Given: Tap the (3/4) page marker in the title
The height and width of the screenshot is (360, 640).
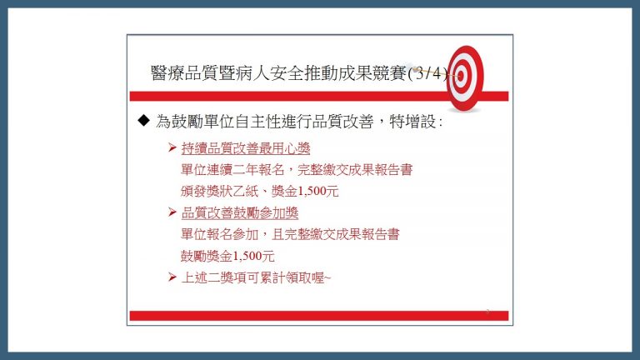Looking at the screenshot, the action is (427, 74).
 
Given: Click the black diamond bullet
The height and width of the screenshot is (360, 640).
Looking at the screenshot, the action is (143, 120).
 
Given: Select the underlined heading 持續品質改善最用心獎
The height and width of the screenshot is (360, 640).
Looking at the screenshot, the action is (246, 148).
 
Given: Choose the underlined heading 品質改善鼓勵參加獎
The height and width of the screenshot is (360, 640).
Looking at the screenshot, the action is (240, 212).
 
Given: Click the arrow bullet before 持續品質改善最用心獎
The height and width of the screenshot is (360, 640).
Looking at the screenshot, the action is (172, 147).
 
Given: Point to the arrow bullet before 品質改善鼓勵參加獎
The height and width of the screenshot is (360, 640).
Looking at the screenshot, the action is (172, 212).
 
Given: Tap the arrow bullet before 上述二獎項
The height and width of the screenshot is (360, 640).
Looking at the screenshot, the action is (172, 277).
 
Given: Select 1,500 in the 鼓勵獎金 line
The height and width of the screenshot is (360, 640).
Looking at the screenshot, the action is (247, 256).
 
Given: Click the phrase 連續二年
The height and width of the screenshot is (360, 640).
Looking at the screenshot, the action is (240, 170).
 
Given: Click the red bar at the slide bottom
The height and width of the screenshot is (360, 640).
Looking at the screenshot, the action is (319, 316).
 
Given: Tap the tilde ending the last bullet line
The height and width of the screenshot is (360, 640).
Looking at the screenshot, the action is (327, 278).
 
